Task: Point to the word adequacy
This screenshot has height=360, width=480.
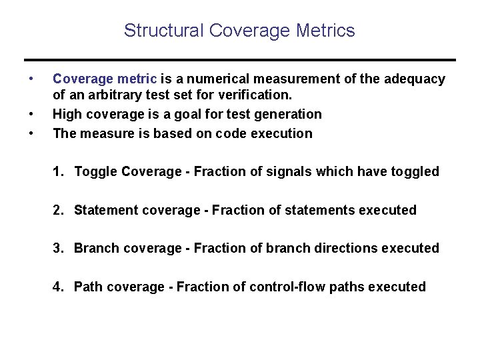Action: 416,79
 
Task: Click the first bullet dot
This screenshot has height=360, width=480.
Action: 31,79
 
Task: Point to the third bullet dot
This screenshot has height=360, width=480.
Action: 31,133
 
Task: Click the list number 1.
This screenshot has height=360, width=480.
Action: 58,172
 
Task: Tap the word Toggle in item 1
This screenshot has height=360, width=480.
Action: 96,172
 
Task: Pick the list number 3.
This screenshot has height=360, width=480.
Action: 58,249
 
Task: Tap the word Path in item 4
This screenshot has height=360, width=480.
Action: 87,287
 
